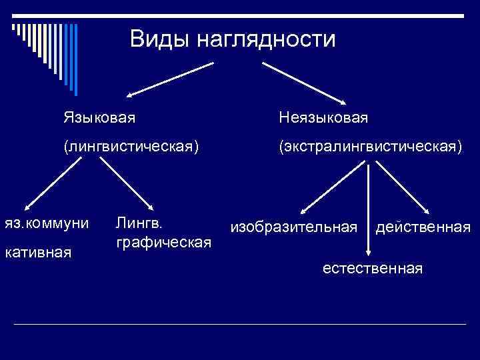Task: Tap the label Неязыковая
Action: point(323,118)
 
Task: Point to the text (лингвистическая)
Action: point(131,146)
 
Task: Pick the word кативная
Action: point(38,252)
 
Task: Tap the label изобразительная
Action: point(294,228)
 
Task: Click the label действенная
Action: point(423,228)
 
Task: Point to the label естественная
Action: point(373,268)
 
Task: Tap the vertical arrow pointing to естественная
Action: point(368,209)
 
